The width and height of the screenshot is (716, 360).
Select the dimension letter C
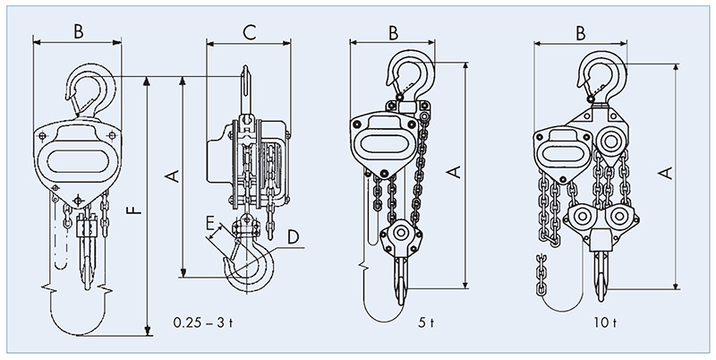tap(250, 33)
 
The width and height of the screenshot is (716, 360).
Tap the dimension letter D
tap(293, 237)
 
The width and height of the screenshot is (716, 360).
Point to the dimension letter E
tap(210, 223)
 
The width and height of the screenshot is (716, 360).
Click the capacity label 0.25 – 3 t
tap(203, 322)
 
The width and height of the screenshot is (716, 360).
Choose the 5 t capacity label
tap(426, 322)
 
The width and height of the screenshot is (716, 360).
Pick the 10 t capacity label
tap(605, 322)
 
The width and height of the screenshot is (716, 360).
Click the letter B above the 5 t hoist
tap(393, 33)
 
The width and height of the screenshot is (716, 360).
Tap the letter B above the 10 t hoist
tap(580, 33)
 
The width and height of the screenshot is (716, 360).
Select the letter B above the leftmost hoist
tap(79, 31)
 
